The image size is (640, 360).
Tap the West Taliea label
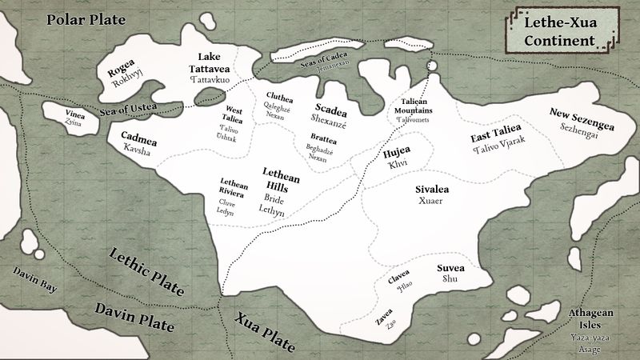pyautogui.click(x=234, y=112)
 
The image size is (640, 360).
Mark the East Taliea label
pyautogui.click(x=498, y=138)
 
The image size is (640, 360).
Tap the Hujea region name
pyautogui.click(x=397, y=152)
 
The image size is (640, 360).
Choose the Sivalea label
pyautogui.click(x=430, y=190)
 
